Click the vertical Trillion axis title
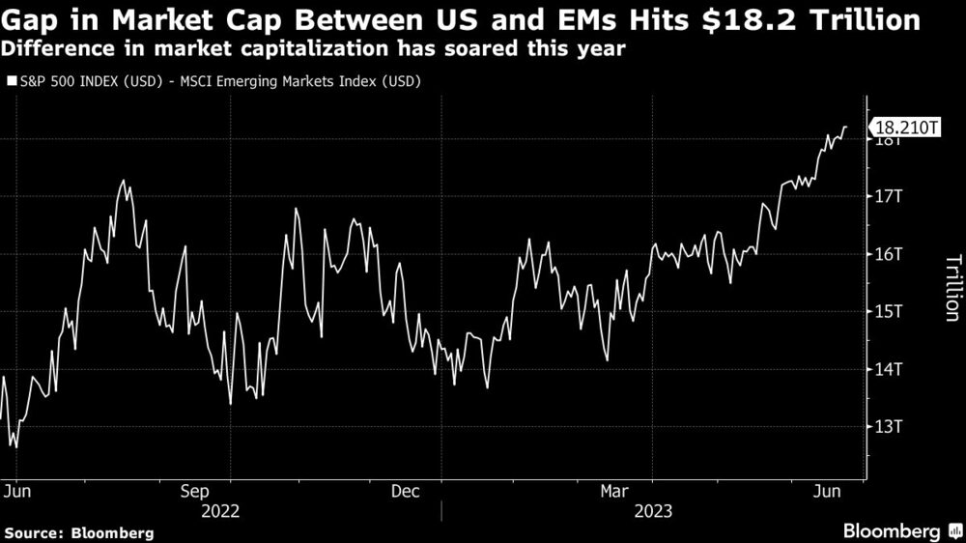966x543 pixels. (x=951, y=287)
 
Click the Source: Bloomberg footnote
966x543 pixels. (x=79, y=532)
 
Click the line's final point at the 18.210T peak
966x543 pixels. (x=846, y=127)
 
